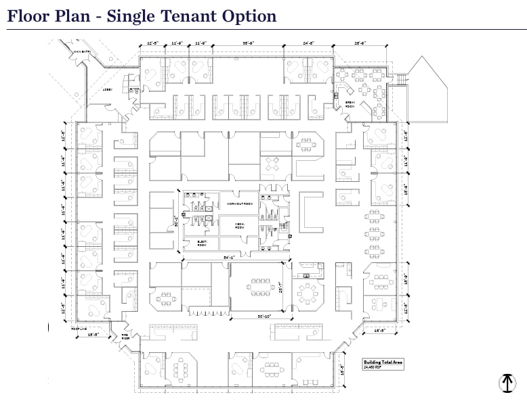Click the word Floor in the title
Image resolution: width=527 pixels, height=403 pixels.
28,16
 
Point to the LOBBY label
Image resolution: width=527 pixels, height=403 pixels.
108,88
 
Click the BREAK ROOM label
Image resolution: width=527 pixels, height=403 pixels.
350,104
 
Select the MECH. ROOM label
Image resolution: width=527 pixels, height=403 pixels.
240,224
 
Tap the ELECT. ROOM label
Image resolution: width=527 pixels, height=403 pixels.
202,244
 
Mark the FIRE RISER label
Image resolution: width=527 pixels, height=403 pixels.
125,335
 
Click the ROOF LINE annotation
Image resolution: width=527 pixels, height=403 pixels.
79,329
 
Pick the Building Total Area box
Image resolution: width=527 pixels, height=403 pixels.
383,364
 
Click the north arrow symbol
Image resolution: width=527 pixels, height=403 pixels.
507,382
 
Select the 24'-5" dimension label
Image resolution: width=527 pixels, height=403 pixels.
309,43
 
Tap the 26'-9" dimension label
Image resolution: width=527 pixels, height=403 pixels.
359,43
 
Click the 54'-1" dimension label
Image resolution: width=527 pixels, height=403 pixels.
230,258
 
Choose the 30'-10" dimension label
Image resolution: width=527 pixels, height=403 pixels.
264,316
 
